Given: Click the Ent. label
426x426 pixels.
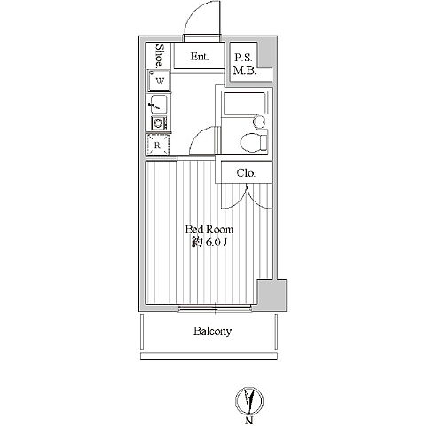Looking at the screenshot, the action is pos(200,56).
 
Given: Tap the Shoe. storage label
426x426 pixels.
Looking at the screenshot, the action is pos(160,55).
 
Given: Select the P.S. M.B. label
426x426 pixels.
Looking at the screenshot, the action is pos(244,64).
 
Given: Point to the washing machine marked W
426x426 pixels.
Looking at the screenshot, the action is pos(159,81).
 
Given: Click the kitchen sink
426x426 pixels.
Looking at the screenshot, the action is pos(159,104).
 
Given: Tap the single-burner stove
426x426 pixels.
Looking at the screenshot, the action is pos(159,123).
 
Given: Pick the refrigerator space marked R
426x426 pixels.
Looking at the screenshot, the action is pos(157,145).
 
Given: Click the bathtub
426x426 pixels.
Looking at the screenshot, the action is pos(245,104).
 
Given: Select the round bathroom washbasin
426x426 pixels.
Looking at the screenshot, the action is pos(259,122).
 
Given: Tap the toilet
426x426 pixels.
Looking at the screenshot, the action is pos(254,143).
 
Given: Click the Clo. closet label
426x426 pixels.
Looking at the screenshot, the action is pos(246,172).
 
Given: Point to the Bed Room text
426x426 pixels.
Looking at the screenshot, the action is pos(209,229).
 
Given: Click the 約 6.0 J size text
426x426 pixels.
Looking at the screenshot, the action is pos(209,242).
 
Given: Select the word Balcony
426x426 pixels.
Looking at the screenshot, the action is pos(212,331).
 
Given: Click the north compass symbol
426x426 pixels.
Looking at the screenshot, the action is pos(249,400).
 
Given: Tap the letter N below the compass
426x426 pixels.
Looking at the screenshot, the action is pos(249,421).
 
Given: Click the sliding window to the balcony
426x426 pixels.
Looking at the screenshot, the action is pos(215,310).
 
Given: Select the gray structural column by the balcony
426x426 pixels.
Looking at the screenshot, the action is pos(272,295).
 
